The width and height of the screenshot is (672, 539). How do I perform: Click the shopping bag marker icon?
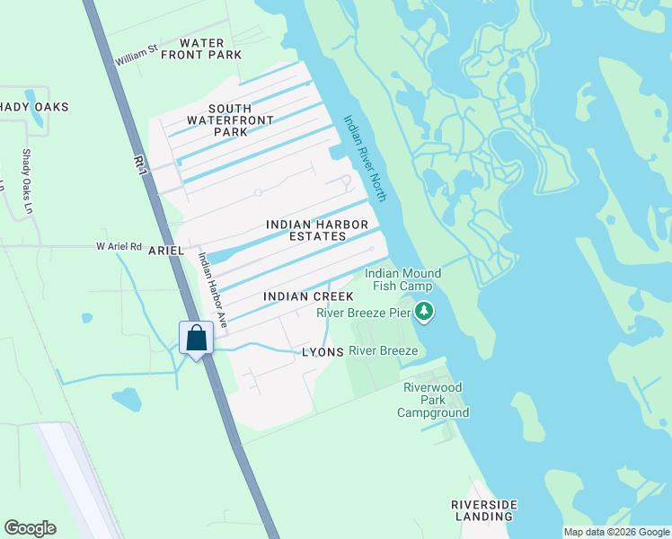[197, 339]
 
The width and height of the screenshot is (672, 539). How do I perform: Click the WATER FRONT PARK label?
[201, 49]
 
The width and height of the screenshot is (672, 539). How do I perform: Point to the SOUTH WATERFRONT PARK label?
[217, 120]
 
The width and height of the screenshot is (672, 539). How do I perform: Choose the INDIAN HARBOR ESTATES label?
[305, 230]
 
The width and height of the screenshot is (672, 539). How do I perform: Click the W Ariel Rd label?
[119, 246]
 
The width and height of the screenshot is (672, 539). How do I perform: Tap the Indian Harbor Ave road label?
[213, 288]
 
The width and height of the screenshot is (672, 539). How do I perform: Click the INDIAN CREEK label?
[308, 296]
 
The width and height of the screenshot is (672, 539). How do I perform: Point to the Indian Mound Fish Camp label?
[402, 279]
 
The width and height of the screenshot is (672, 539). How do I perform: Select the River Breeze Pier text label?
[363, 313]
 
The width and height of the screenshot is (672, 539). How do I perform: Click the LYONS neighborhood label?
[323, 352]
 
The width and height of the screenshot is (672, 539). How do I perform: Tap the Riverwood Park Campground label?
[434, 400]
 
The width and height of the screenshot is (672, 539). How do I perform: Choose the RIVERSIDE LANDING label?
[483, 510]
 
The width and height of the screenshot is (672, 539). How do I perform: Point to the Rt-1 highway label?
[139, 162]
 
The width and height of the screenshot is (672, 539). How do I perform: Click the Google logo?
[30, 528]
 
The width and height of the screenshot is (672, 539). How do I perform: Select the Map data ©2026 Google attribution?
[616, 532]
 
